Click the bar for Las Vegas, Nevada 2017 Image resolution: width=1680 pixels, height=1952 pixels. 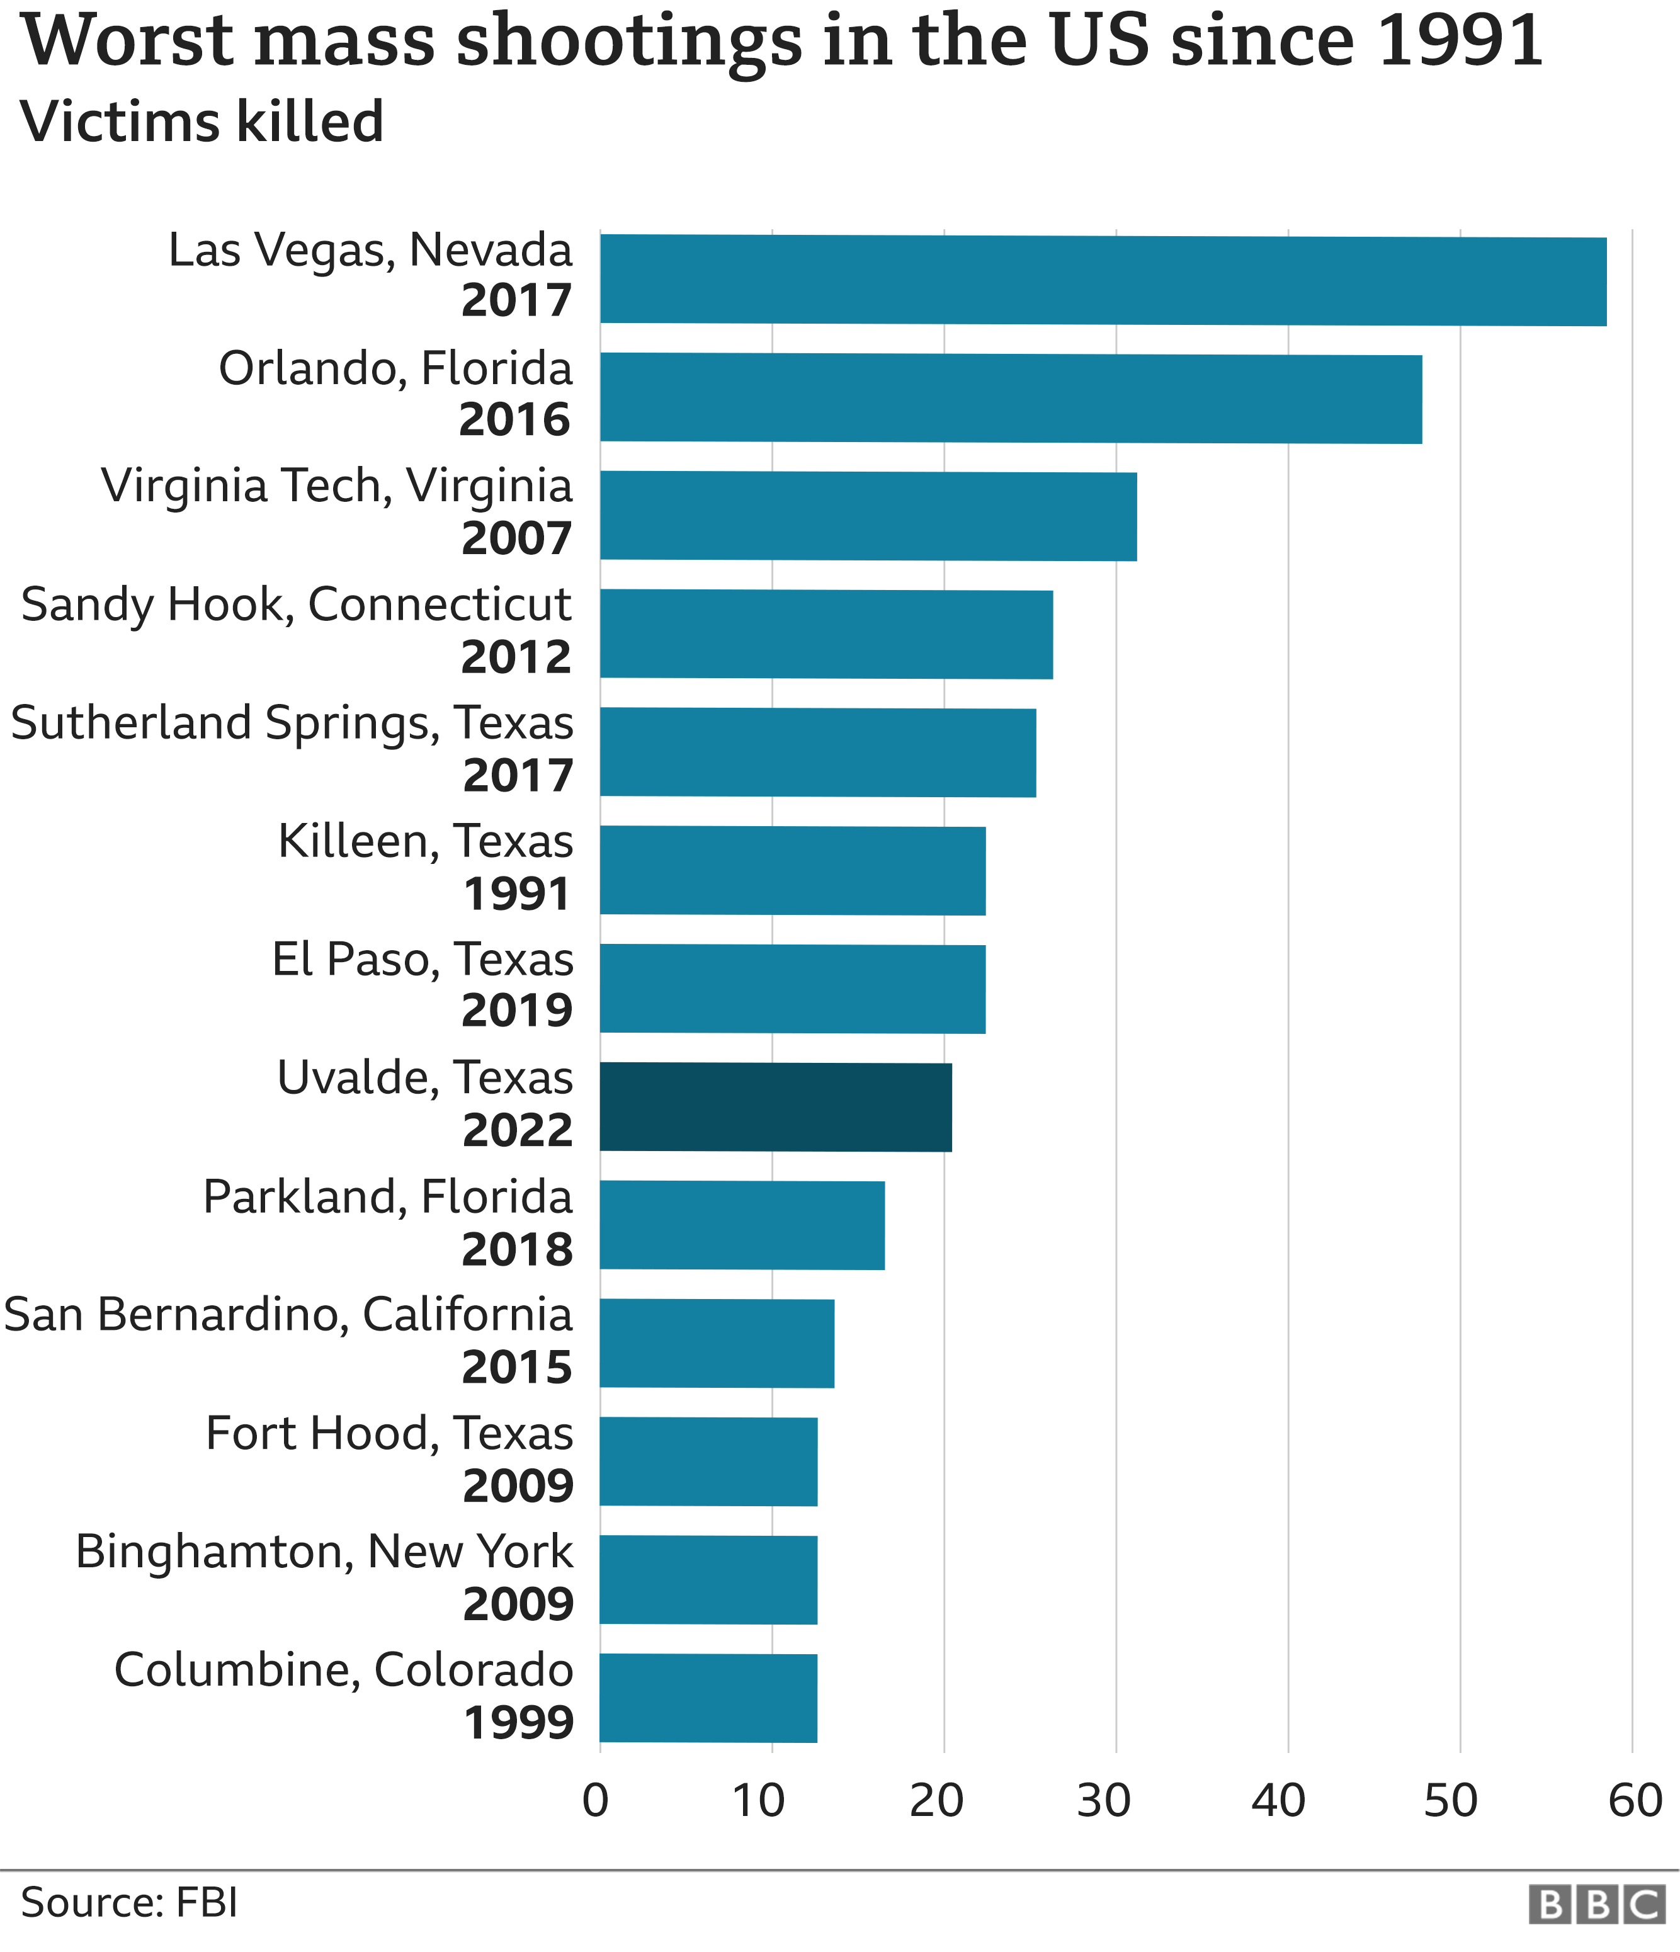click(x=1103, y=280)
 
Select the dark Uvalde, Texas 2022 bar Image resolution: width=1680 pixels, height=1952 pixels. click(x=775, y=1107)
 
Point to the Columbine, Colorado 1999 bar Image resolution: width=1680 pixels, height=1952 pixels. click(x=708, y=1698)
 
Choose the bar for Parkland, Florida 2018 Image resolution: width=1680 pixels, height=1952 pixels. click(x=742, y=1225)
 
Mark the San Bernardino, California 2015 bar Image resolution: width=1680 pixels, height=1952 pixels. click(x=716, y=1342)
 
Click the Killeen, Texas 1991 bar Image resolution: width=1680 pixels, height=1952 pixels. click(x=792, y=870)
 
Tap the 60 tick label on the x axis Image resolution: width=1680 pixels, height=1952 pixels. click(x=1635, y=1800)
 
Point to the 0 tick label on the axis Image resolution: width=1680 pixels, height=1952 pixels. click(x=596, y=1800)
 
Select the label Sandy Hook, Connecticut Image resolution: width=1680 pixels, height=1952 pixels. click(x=296, y=605)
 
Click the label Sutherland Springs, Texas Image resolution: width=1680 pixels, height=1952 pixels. click(x=291, y=723)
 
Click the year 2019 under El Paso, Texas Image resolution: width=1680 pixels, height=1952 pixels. click(x=516, y=1011)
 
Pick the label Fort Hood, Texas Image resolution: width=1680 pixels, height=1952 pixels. click(x=389, y=1433)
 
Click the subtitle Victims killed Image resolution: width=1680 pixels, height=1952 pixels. click(x=201, y=122)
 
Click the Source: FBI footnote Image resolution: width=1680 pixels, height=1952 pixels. click(x=129, y=1903)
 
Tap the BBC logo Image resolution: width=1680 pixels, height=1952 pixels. click(x=1596, y=1905)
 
